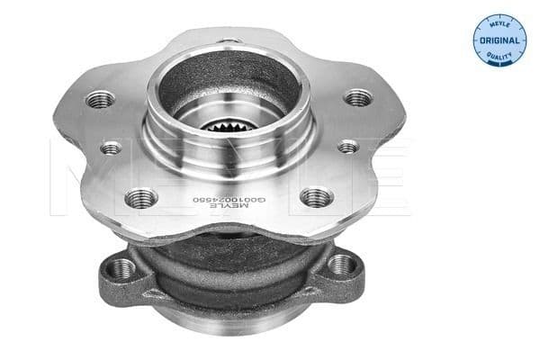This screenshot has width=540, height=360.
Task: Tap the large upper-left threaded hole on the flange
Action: [x=98, y=101]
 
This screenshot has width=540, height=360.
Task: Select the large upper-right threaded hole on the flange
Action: [x=357, y=96]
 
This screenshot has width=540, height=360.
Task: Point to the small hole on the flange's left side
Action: [x=112, y=147]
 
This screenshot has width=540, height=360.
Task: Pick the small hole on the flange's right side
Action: [x=347, y=145]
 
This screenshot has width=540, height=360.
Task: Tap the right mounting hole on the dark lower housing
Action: [x=340, y=265]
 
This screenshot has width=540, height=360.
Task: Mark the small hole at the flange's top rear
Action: [x=232, y=40]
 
